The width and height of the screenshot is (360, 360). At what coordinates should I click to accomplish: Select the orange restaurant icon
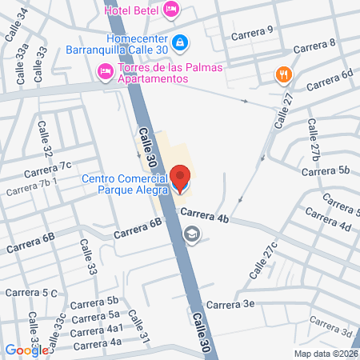[282, 75]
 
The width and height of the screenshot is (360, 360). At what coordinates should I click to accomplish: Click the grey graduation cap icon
[192, 234]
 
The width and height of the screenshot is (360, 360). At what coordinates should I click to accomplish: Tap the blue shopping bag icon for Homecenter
[182, 41]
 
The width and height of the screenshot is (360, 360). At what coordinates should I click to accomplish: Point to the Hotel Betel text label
[131, 10]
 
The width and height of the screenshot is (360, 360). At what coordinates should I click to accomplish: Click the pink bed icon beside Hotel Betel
[171, 10]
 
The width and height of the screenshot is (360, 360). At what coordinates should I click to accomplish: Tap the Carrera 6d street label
[329, 80]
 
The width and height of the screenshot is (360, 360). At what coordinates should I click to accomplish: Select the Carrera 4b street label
[205, 214]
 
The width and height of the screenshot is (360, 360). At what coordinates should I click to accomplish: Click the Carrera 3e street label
[230, 304]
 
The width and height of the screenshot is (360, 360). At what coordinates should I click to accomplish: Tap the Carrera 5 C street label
[34, 294]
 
